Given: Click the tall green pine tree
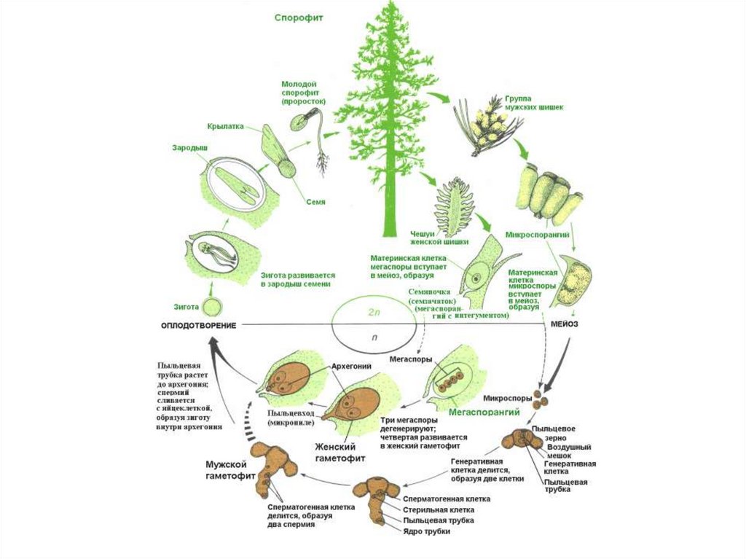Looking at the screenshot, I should click(389, 117).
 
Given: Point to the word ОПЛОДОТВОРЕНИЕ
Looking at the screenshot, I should click(199, 324).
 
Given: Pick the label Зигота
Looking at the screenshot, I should click(186, 307).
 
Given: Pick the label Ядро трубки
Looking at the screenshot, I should click(427, 531).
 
